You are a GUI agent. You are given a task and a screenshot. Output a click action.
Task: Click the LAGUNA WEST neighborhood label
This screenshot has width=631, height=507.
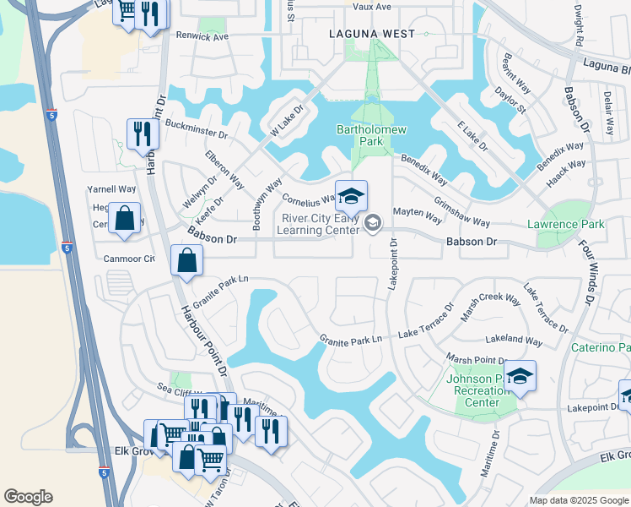click(x=372, y=34)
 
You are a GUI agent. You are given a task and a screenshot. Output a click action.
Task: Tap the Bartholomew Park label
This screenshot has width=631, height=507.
click(x=371, y=135)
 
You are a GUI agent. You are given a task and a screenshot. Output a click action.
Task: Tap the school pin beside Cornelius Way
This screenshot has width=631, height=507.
click(x=352, y=198)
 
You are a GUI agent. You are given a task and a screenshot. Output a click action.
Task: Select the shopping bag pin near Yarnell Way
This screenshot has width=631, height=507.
click(x=124, y=219)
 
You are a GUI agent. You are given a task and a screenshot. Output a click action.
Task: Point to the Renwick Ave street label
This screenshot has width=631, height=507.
click(x=202, y=37)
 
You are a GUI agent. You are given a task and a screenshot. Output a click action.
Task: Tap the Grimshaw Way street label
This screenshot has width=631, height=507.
click(x=461, y=212)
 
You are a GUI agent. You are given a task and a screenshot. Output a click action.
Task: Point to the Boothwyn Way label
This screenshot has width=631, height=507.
click(x=262, y=199)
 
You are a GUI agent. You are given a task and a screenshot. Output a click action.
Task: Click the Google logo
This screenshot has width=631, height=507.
click(x=28, y=497)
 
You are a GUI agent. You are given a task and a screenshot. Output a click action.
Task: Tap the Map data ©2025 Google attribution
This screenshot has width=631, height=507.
click(x=578, y=500)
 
